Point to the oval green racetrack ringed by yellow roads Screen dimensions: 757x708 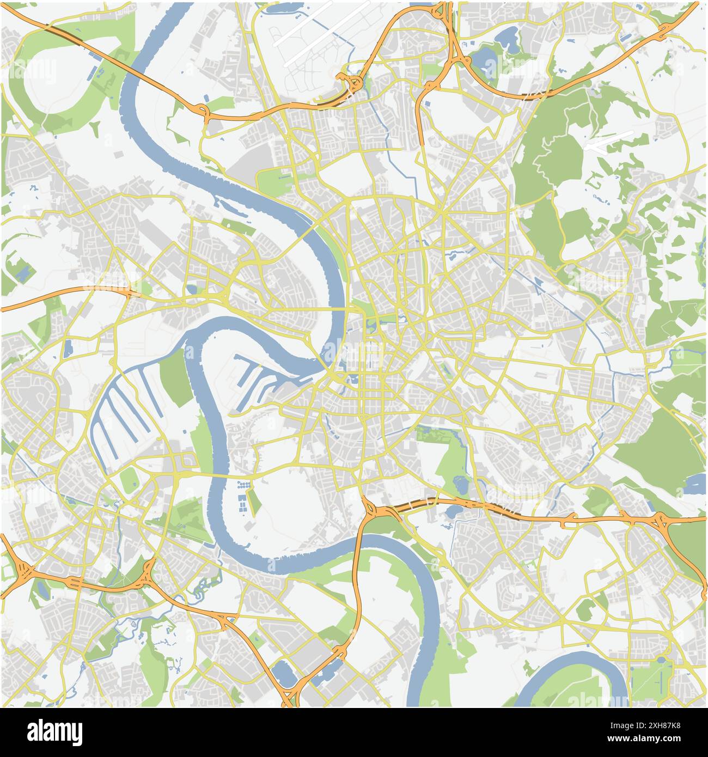click(x=129, y=479)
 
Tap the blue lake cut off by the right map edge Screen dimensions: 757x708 click(x=697, y=484)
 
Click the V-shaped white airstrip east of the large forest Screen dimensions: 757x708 click(x=610, y=141)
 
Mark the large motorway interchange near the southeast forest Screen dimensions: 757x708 click(x=662, y=522)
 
